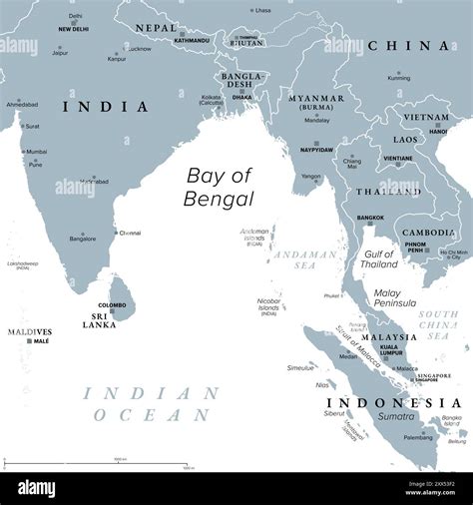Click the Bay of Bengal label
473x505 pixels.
click(x=220, y=187)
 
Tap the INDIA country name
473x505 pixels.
click(x=106, y=106)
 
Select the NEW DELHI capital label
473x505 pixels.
click(x=74, y=30)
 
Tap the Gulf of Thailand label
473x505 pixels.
click(x=379, y=259)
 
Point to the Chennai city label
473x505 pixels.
click(x=130, y=233)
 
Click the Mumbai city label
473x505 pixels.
click(x=36, y=152)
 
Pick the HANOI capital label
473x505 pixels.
click(x=438, y=131)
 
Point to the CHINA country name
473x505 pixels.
click(x=408, y=45)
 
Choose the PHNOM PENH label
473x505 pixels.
click(x=416, y=247)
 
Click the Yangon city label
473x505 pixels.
click(x=311, y=177)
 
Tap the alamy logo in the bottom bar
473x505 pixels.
click(x=51, y=488)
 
